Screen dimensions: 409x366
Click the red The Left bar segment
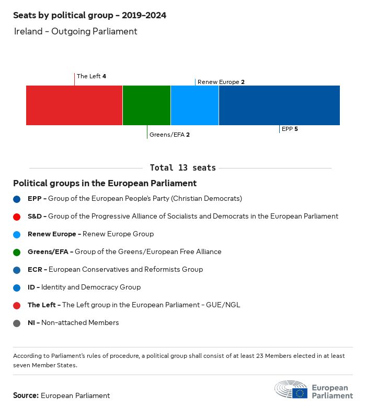tap(74, 105)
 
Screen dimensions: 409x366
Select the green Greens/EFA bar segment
tap(146, 105)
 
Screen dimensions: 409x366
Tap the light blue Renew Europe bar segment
tap(195, 105)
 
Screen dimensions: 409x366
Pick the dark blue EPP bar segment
tap(279, 105)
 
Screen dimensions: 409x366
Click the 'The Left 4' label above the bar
tap(92, 76)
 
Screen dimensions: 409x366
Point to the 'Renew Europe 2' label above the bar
tap(221, 82)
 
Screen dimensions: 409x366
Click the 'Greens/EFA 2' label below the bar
tap(169, 135)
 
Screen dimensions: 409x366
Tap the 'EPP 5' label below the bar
tap(290, 129)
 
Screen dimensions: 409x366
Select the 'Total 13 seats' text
tap(182, 168)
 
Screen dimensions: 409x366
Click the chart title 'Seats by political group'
tap(89, 16)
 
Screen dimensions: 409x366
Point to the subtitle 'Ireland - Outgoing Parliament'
tap(75, 31)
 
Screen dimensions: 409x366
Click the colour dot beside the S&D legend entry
tap(17, 216)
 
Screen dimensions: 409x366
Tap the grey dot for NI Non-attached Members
tap(17, 323)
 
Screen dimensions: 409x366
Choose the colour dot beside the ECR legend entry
tap(17, 270)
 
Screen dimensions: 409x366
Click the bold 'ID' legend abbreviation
tap(31, 287)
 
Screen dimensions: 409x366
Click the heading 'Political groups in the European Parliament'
tap(105, 184)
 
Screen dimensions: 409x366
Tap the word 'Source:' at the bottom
tap(26, 395)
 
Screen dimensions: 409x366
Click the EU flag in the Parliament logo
tap(300, 392)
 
